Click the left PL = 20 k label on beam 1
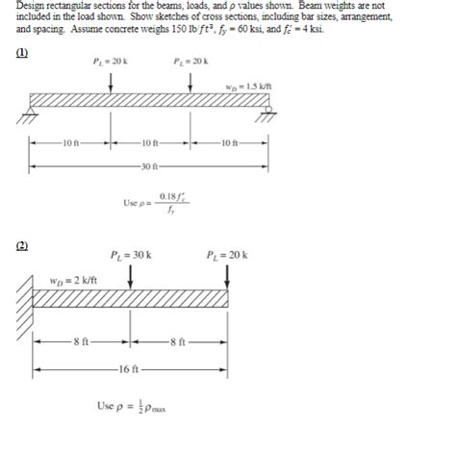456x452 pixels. pos(113,61)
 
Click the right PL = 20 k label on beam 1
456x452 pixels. pos(190,61)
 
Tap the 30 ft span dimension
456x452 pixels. pos(149,167)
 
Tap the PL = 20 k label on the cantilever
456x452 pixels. pos(227,256)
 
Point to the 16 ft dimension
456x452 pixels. pos(131,369)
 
